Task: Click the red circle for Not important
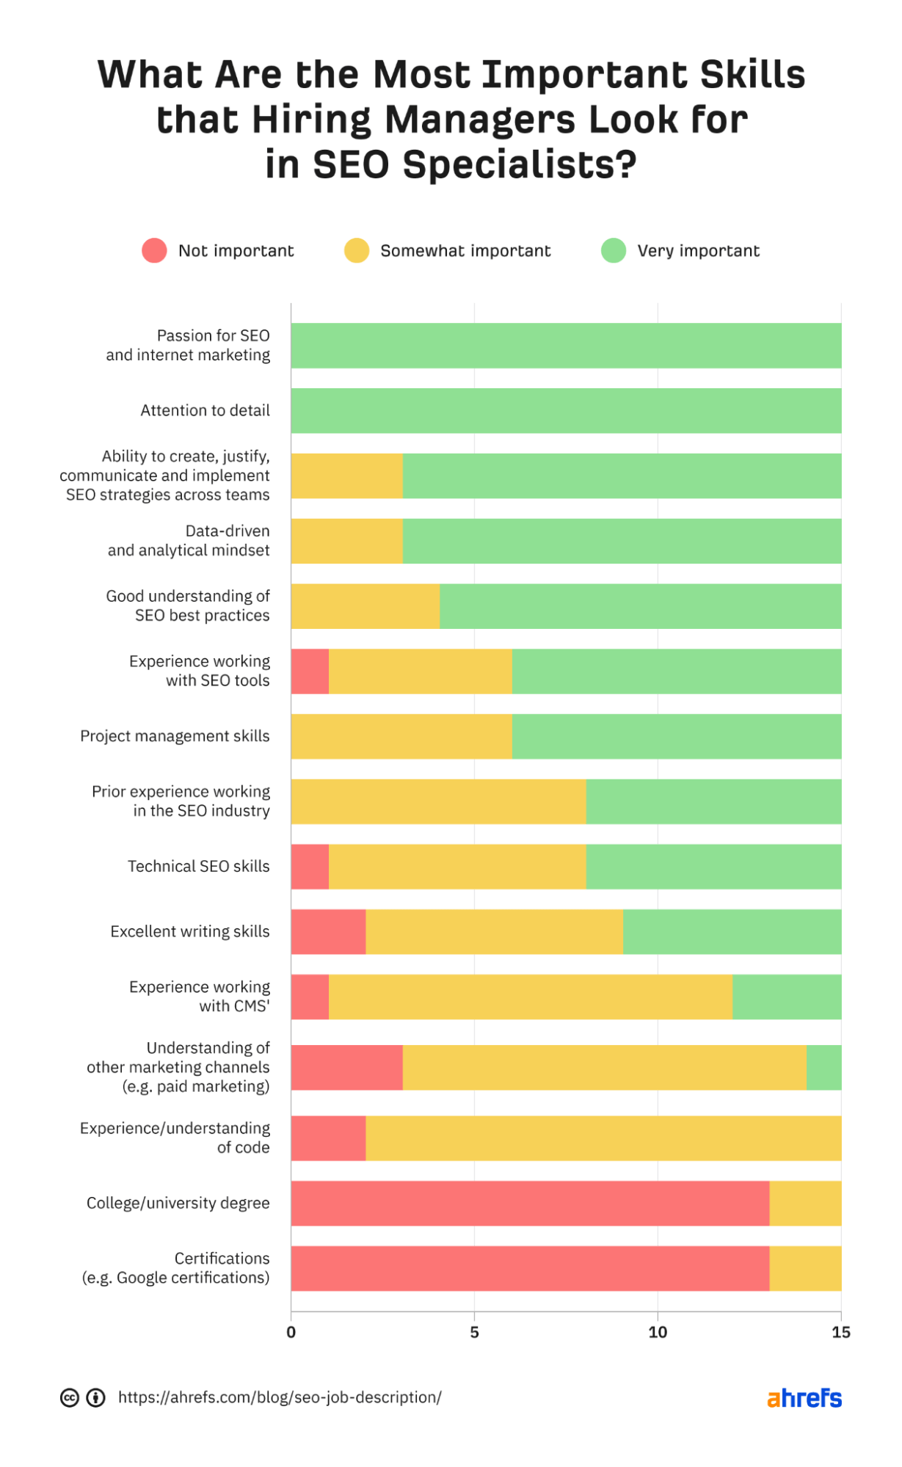[x=154, y=250]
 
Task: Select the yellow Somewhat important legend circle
[x=357, y=250]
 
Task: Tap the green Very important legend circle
[x=614, y=250]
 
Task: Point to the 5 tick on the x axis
[x=474, y=1332]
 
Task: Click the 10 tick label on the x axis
[x=658, y=1332]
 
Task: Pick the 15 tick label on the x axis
[x=841, y=1332]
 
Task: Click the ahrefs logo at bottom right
[x=804, y=1398]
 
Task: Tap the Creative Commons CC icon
[x=70, y=1398]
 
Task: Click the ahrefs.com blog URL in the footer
[x=280, y=1397]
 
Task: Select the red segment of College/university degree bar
[x=530, y=1203]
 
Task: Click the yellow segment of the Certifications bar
[x=805, y=1268]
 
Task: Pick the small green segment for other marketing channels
[x=823, y=1067]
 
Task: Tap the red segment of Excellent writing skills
[x=328, y=931]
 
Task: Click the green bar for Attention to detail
[x=566, y=410]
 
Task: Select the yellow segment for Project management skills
[x=401, y=736]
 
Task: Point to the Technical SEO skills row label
[x=198, y=866]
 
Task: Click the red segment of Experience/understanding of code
[x=328, y=1138]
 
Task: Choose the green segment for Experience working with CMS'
[x=787, y=997]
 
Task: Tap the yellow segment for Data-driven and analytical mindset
[x=346, y=541]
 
